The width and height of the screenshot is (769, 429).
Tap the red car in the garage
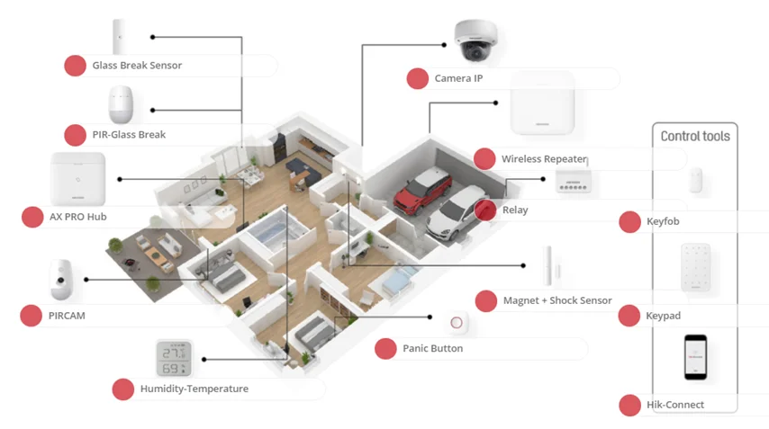(422, 190)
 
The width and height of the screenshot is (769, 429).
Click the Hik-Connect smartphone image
(694, 357)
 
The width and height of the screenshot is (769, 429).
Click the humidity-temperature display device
(172, 359)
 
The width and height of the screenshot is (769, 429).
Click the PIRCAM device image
(60, 279)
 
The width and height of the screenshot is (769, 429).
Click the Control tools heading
(695, 136)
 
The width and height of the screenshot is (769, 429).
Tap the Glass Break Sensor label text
(137, 66)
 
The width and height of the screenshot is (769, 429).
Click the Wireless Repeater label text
(544, 158)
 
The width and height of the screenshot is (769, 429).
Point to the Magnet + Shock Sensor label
(556, 300)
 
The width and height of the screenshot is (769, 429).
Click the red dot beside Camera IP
(417, 78)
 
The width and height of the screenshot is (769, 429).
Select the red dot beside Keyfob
(629, 222)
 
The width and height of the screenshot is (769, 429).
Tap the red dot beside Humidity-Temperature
(122, 389)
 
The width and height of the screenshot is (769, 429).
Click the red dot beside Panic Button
(385, 348)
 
